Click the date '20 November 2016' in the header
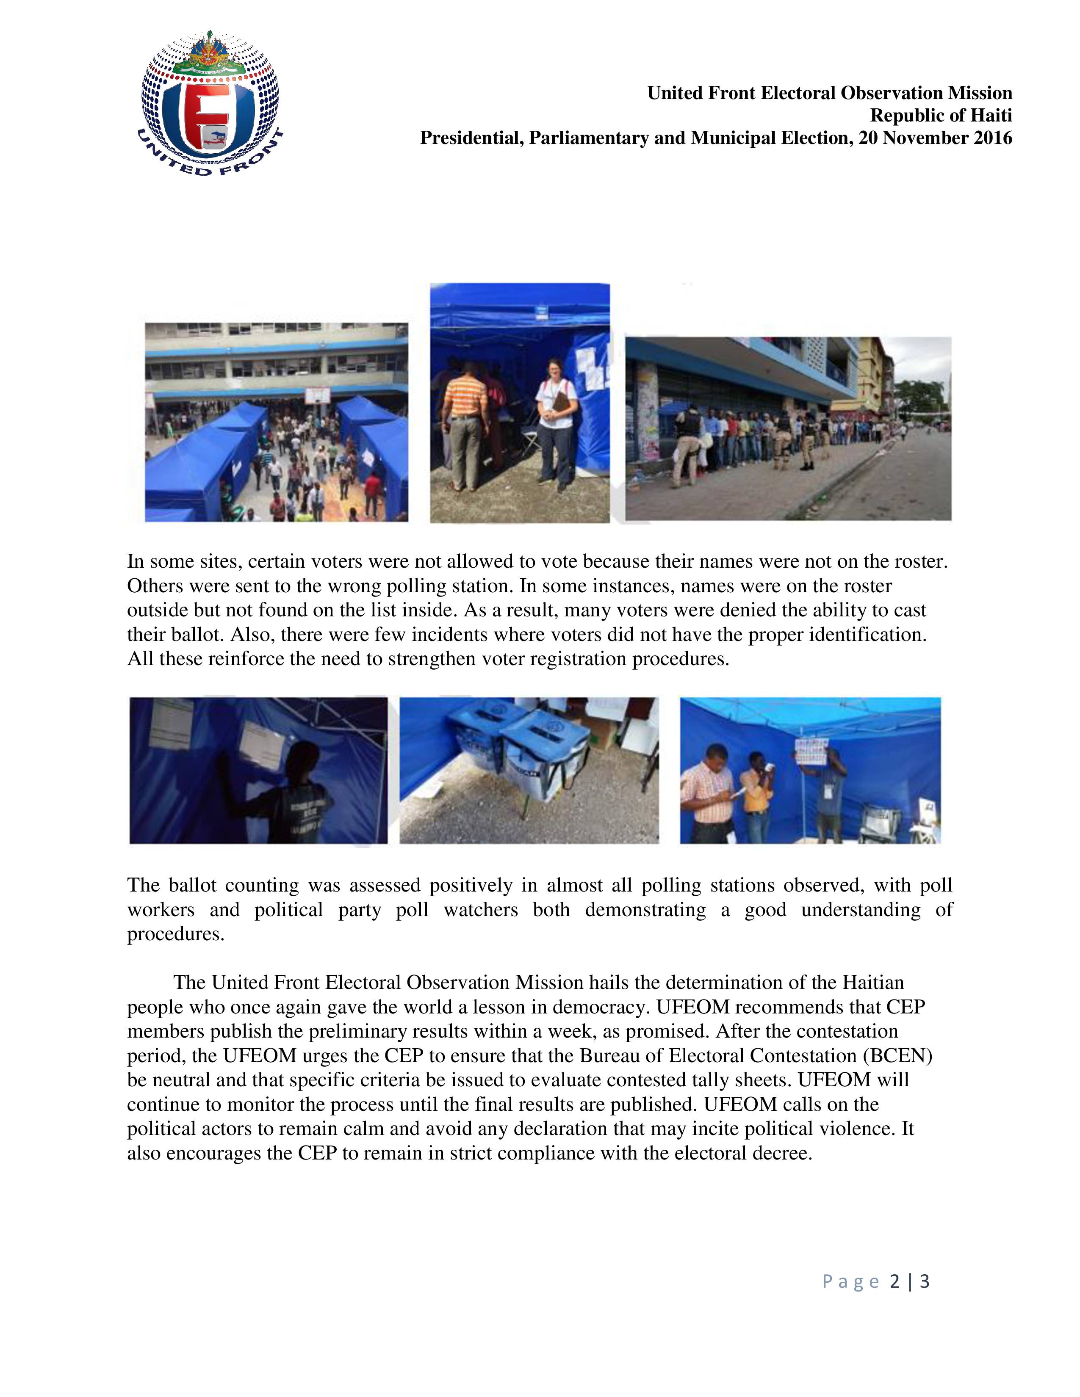(x=936, y=138)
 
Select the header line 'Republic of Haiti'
(x=941, y=116)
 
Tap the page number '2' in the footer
(x=894, y=1281)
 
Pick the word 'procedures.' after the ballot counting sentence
(x=176, y=935)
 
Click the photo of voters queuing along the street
(x=788, y=428)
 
